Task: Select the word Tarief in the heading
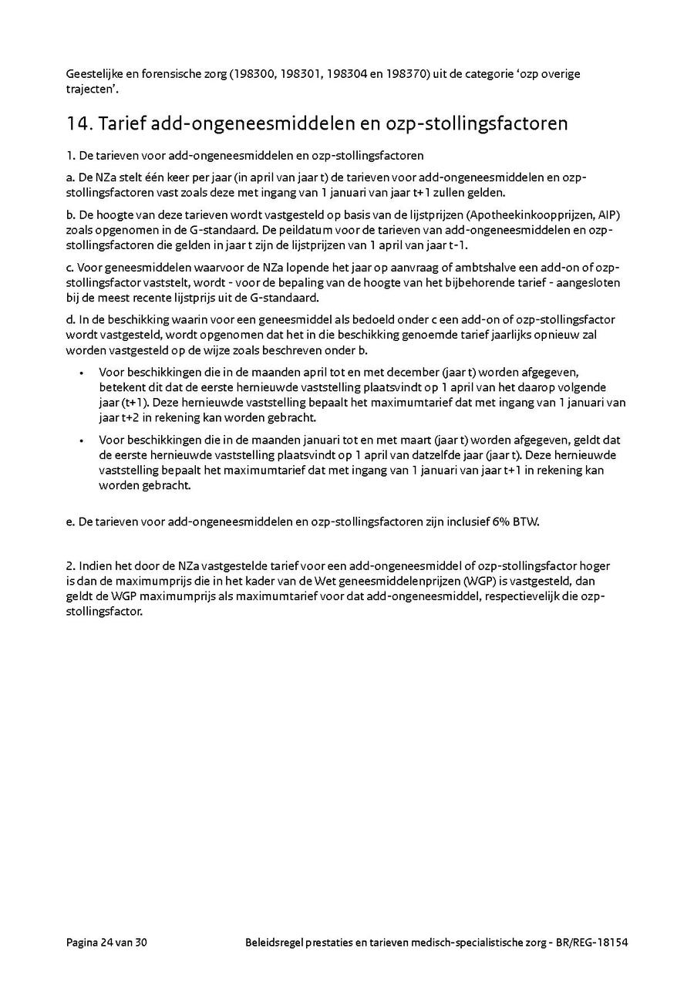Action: [120, 123]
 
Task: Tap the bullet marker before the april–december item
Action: [82, 372]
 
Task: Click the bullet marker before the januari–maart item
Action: [82, 440]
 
